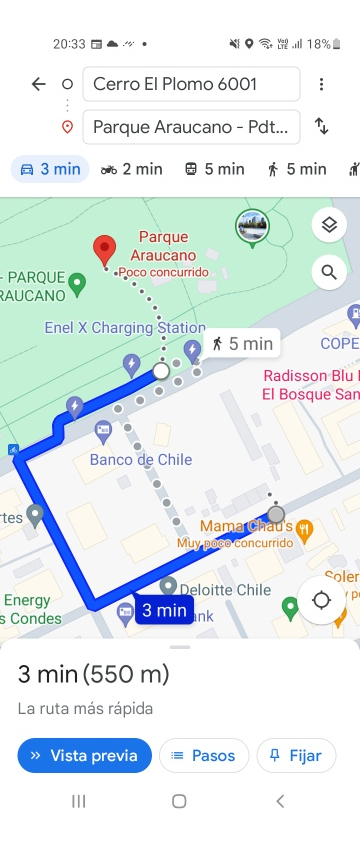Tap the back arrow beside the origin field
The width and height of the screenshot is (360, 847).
coord(38,84)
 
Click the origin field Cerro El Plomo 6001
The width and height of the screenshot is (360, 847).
coord(191,84)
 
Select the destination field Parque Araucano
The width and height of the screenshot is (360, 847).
coord(191,127)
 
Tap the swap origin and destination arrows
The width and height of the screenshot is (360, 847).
coord(321,126)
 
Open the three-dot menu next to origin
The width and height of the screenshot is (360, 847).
coord(321,84)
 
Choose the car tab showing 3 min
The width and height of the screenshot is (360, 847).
coord(50,169)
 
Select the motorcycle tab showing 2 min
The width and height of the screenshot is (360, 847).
coord(131,169)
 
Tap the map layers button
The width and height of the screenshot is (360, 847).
coord(329,225)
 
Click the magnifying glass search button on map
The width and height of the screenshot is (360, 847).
coord(329,270)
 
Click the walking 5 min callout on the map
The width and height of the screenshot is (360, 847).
coord(242,344)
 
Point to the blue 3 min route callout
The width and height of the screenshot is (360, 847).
coord(164,609)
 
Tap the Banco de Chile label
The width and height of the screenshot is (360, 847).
coord(140,460)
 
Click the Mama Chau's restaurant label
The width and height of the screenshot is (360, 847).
coord(245,526)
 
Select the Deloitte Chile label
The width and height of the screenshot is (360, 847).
coord(225,590)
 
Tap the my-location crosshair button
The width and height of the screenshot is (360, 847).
coord(321,600)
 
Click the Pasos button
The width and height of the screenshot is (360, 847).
coord(204,755)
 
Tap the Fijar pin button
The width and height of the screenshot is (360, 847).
coord(296,755)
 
